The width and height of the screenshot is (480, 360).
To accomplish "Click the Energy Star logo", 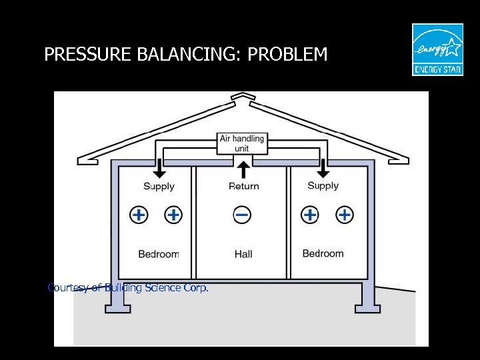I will pyautogui.click(x=437, y=49).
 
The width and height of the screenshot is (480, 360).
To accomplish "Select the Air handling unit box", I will pyautogui.click(x=242, y=143).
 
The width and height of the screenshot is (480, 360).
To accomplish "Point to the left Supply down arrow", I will pyautogui.click(x=159, y=169).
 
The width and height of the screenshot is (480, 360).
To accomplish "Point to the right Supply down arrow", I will pyautogui.click(x=323, y=167).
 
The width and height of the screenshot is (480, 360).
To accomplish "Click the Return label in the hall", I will pyautogui.click(x=243, y=186).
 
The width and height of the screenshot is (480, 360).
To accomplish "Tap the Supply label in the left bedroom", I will pyautogui.click(x=159, y=186).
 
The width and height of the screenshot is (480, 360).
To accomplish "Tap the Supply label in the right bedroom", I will pyautogui.click(x=323, y=185).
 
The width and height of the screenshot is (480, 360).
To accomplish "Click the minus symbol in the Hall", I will pyautogui.click(x=243, y=215).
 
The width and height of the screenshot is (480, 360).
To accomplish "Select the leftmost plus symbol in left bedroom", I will pyautogui.click(x=139, y=215).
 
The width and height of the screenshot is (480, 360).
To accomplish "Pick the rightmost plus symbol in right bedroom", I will pyautogui.click(x=345, y=215).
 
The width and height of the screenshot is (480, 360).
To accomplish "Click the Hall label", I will pyautogui.click(x=243, y=254).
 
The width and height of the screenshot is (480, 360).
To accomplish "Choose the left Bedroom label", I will pyautogui.click(x=159, y=254).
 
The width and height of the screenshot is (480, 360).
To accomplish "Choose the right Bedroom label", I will pyautogui.click(x=323, y=253).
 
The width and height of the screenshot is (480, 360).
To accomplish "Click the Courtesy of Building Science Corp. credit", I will pyautogui.click(x=128, y=288).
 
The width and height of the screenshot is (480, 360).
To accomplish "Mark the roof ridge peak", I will pyautogui.click(x=241, y=97).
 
